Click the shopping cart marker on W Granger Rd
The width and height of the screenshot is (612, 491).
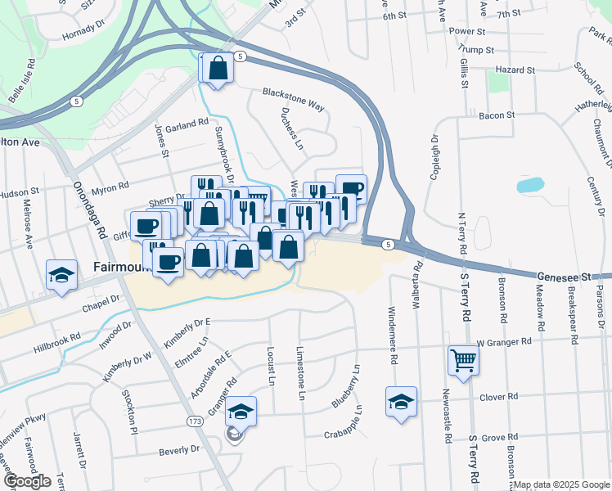463,360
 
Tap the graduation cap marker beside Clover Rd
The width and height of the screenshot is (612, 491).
401,402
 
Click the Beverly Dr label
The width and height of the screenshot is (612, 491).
179,449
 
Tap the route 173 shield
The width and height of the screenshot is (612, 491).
194,421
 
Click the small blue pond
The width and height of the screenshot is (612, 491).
529,185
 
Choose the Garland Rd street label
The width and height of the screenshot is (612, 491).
187,124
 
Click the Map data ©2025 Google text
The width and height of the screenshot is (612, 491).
561,484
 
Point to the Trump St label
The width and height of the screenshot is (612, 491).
478,50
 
